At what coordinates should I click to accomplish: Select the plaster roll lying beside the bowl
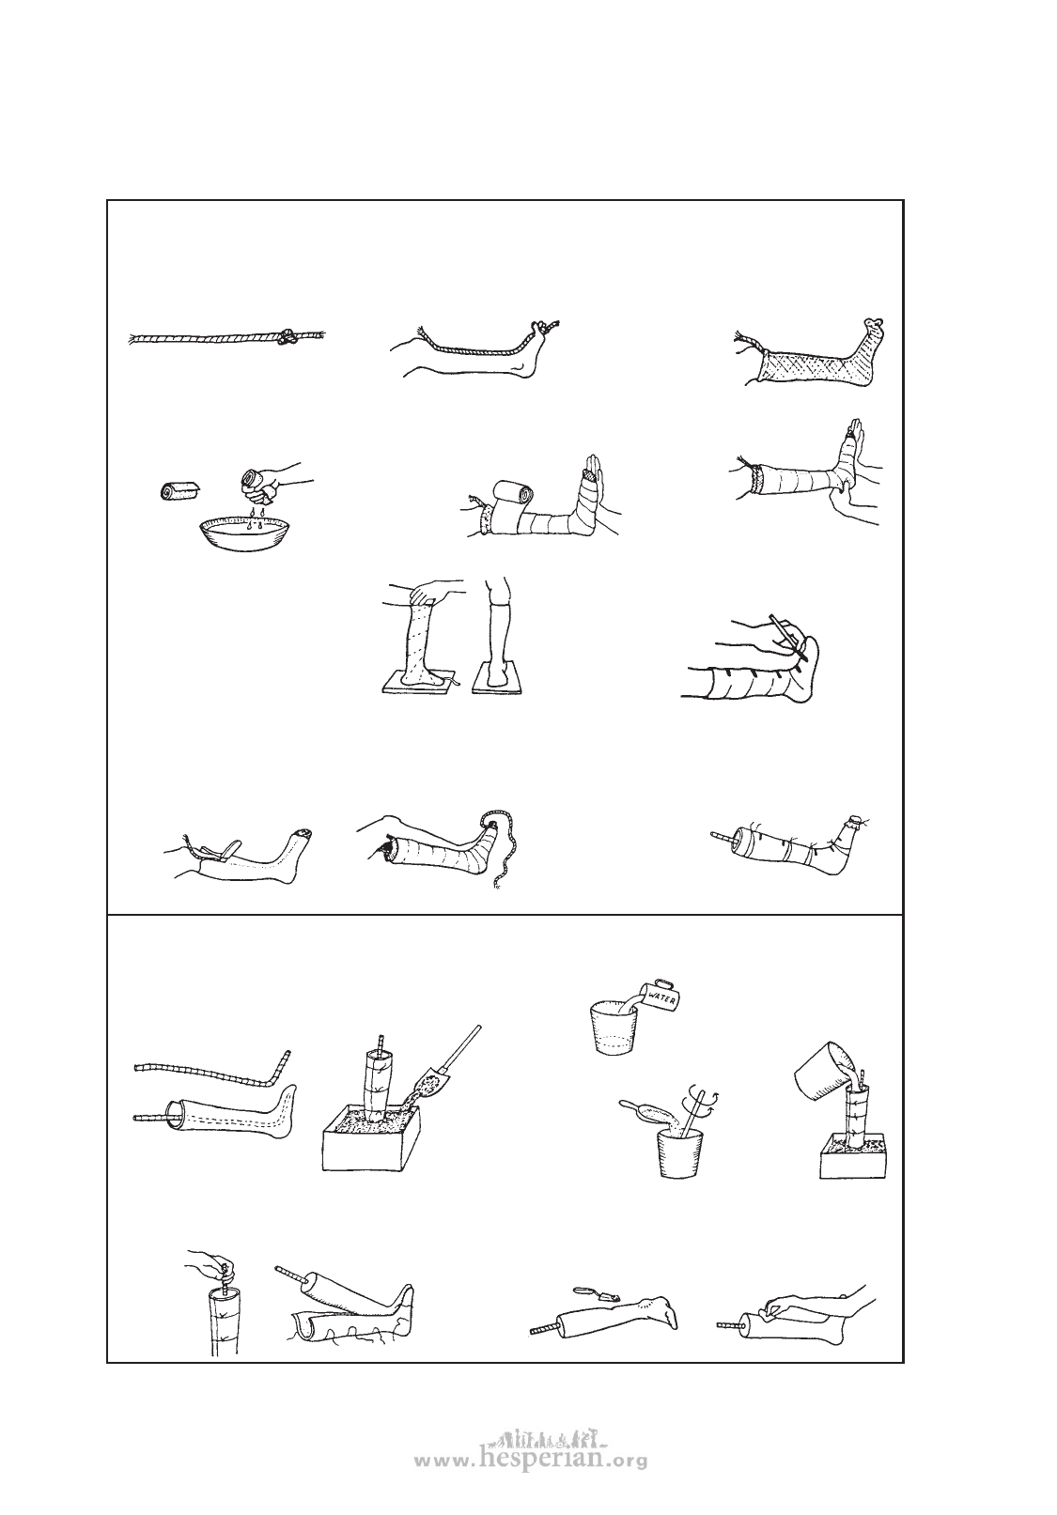tap(179, 489)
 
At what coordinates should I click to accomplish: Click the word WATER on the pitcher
tap(661, 995)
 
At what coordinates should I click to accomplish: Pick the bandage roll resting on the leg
tap(509, 502)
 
